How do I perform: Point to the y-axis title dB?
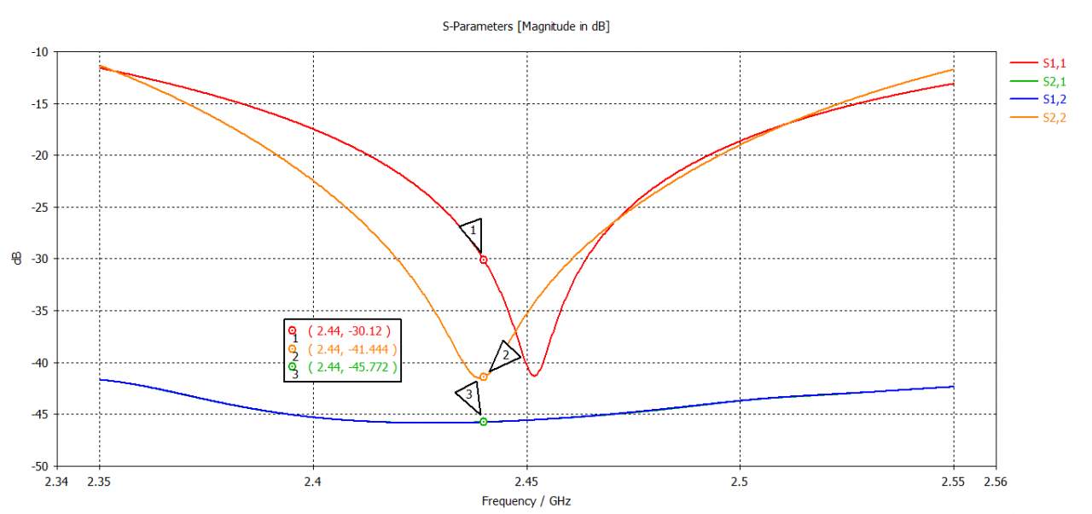point(17,259)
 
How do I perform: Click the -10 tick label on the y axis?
point(39,52)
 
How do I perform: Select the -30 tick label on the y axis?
point(39,259)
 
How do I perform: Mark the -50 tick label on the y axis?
point(39,466)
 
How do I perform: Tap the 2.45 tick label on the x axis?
point(526,482)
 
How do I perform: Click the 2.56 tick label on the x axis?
point(995,482)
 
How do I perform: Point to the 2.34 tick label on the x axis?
point(57,482)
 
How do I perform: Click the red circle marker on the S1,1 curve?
point(484,260)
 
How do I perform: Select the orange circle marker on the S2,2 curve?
point(484,377)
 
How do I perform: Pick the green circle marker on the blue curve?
point(484,422)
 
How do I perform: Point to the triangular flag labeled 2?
point(504,354)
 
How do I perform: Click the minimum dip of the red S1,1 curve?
point(534,375)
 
